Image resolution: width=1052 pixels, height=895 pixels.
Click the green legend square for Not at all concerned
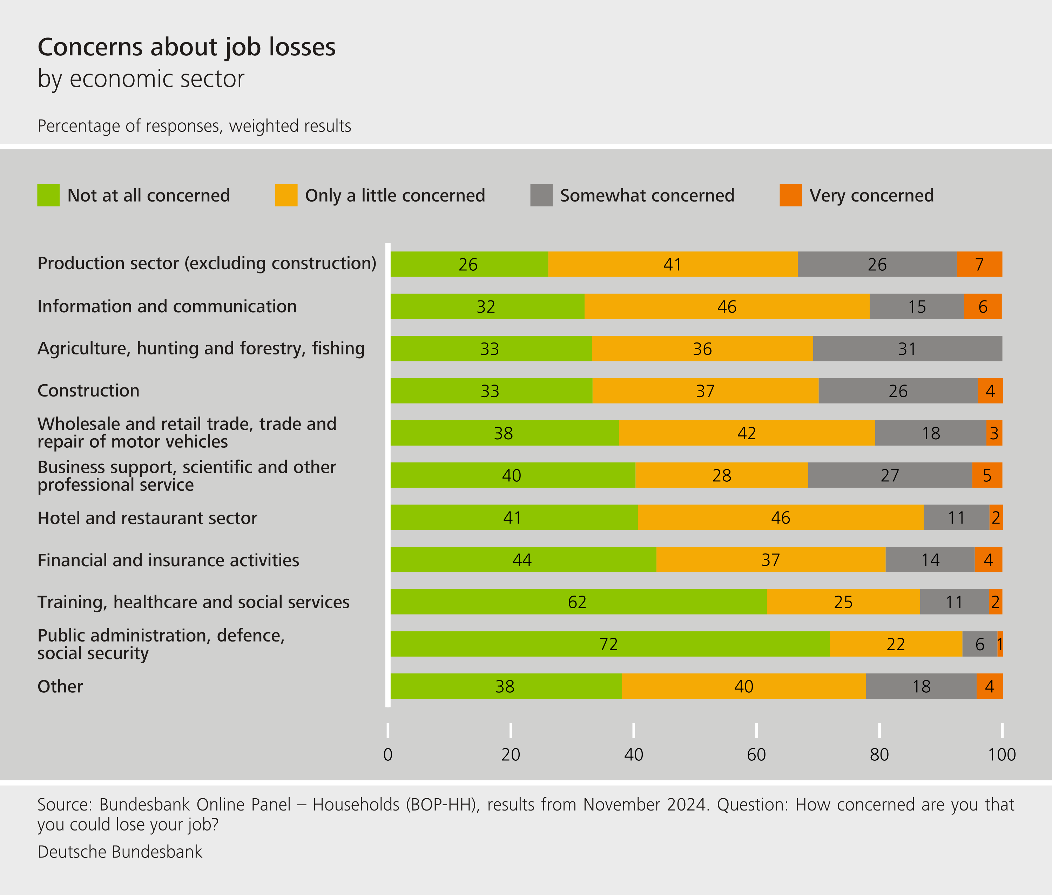click(48, 195)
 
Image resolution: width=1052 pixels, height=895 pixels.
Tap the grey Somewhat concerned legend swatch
click(541, 195)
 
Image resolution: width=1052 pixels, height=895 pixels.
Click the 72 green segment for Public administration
click(609, 644)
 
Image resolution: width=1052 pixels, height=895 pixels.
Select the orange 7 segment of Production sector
click(979, 264)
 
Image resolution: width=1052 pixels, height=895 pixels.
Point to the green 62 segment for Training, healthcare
click(578, 602)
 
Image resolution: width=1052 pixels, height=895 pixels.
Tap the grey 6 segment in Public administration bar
click(979, 644)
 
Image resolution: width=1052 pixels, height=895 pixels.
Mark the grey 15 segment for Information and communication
click(917, 306)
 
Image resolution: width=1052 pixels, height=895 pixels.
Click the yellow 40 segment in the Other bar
click(743, 686)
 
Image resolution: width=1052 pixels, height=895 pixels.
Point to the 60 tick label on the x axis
click(756, 754)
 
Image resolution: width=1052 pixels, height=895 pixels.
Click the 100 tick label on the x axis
click(1001, 754)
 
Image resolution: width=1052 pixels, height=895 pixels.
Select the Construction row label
click(88, 391)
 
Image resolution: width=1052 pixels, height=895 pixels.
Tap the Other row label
click(60, 686)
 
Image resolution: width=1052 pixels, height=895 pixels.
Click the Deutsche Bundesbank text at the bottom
click(120, 852)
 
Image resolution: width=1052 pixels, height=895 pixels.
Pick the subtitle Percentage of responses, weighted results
click(194, 126)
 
